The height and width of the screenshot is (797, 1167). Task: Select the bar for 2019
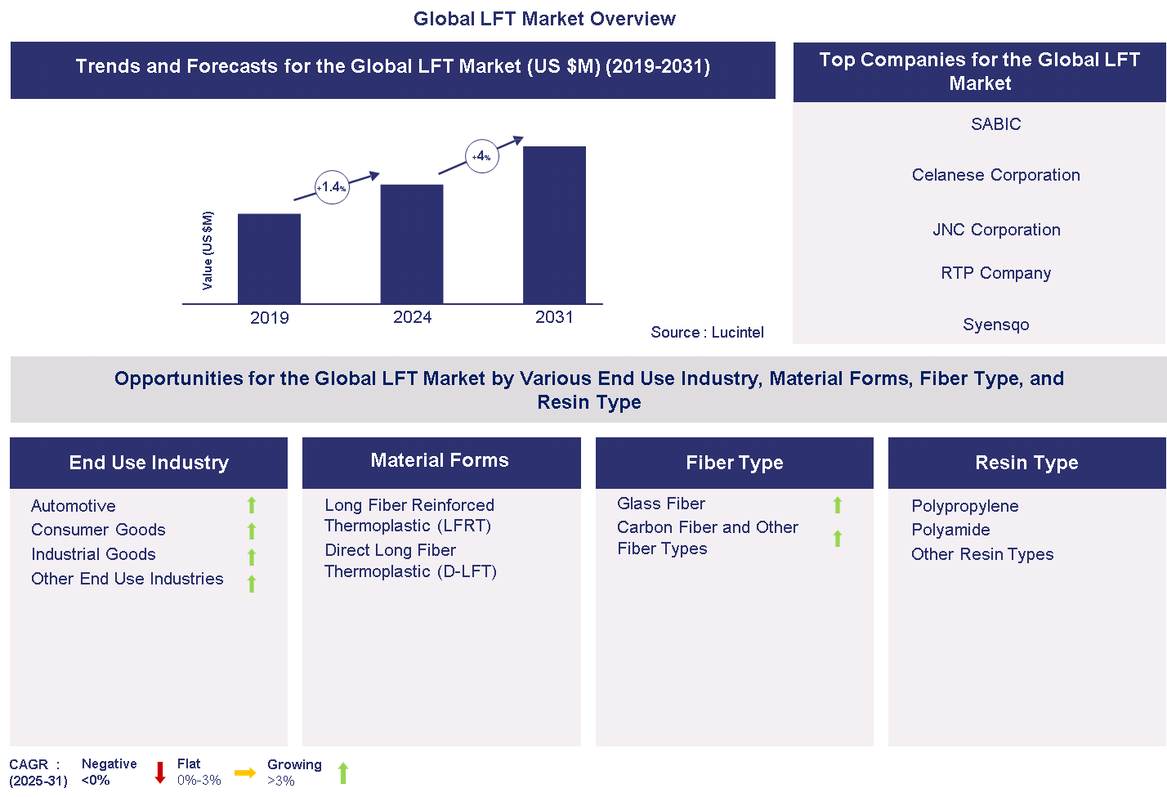click(269, 258)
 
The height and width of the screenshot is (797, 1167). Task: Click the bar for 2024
click(412, 244)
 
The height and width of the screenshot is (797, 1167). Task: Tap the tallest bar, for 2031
click(554, 225)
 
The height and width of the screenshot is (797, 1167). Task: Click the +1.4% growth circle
click(332, 187)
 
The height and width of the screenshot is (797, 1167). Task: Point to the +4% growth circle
click(481, 156)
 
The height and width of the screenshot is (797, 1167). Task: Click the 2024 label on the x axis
click(412, 317)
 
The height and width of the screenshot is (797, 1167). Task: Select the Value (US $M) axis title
click(208, 250)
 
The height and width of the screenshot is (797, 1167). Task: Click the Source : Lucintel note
click(707, 332)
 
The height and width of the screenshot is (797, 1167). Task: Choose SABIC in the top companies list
click(995, 124)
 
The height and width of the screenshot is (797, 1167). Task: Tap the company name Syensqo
click(995, 325)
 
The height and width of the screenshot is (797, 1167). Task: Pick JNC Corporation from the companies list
click(996, 230)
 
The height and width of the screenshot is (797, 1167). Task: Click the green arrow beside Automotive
click(252, 505)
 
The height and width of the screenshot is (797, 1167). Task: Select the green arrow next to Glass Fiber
click(838, 505)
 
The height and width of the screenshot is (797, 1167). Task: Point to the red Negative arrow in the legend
click(160, 772)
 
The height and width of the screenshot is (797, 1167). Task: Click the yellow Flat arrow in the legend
click(245, 772)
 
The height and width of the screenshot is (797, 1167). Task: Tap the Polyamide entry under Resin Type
click(950, 530)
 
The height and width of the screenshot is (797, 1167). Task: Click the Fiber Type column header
click(734, 463)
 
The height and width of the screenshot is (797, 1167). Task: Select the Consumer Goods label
click(98, 530)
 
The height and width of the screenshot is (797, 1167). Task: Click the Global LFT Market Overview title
click(544, 19)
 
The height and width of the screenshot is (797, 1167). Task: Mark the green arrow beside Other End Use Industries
click(252, 583)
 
